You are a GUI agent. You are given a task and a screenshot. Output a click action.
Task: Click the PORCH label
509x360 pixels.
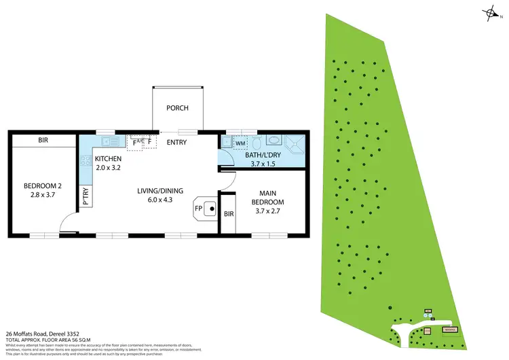pos(177,108)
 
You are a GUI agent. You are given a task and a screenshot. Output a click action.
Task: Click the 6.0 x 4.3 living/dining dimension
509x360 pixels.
pos(160,200)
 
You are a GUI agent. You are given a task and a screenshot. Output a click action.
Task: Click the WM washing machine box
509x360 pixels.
pos(240,143)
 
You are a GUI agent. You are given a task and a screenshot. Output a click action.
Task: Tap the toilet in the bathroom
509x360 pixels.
pos(257,143)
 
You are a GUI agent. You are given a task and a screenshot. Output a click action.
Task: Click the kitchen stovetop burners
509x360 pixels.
pos(86,162)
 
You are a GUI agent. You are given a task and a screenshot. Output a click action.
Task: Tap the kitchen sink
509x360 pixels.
pos(109,142)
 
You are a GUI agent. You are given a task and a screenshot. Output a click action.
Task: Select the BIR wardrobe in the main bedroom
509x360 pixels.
pos(230,214)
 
